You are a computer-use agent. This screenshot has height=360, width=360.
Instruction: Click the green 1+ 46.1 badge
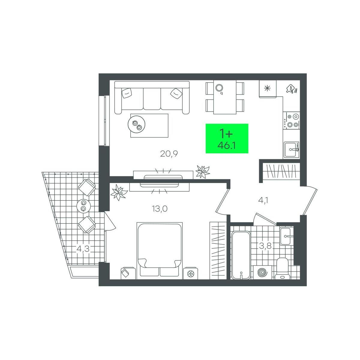coord(227,138)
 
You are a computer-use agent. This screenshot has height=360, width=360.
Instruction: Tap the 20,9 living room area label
coord(169,154)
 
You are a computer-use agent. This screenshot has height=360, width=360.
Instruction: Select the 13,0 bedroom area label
coord(160,209)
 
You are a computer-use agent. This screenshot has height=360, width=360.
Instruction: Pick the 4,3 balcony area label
coord(83,249)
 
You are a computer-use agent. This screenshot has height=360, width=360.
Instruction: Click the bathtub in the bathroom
coord(241,255)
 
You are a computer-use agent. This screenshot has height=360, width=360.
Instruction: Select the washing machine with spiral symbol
coord(262,272)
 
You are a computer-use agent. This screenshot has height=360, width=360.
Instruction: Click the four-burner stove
coord(291,121)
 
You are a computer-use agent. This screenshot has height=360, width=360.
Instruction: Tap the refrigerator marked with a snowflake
coord(268,88)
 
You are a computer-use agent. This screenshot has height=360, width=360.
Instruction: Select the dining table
coord(225,97)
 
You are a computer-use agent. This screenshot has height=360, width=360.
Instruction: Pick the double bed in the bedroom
coord(160,250)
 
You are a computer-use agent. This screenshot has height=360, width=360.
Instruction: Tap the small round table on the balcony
coord(83,206)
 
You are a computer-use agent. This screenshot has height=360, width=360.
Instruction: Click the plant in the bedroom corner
coord(118,192)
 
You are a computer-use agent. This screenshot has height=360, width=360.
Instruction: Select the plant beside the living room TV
coord(202,171)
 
